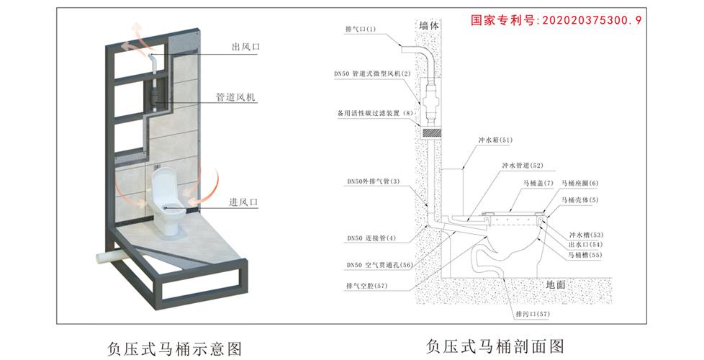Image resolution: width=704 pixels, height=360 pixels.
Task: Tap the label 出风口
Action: [245, 47]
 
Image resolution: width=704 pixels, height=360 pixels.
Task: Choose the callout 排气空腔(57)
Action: [366, 285]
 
